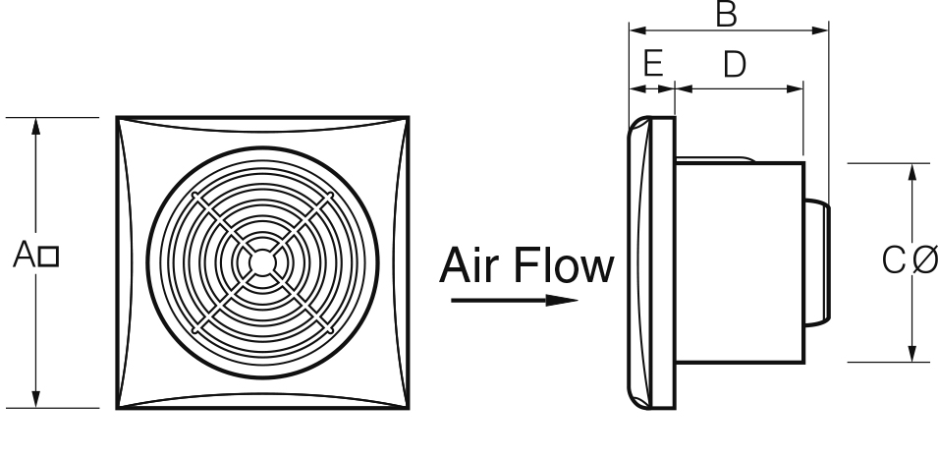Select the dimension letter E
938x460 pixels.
(x=652, y=65)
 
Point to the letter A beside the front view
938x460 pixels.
(x=26, y=258)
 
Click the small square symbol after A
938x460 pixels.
(x=49, y=259)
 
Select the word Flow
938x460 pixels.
(x=564, y=265)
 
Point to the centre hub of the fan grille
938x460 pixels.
(x=262, y=262)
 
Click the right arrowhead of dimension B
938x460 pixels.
(x=822, y=29)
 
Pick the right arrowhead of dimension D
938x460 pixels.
(x=797, y=88)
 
